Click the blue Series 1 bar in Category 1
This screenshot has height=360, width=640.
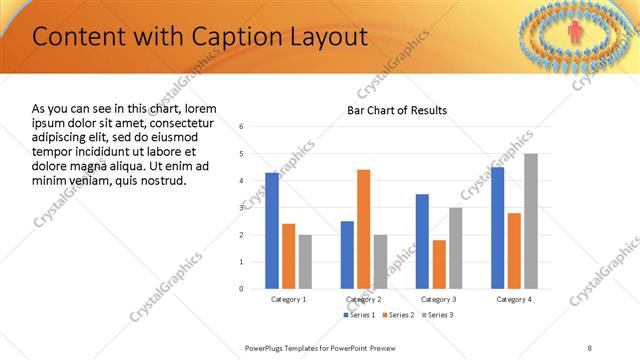click(x=272, y=230)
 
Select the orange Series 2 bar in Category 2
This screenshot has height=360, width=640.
click(x=363, y=229)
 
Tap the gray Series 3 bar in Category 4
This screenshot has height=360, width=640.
click(x=531, y=221)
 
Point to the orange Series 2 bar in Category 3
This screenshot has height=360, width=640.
click(x=438, y=264)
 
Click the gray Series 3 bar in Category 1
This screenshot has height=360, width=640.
click(x=305, y=261)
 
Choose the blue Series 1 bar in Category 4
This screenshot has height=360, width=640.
click(x=498, y=227)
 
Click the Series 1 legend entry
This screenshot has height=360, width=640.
click(x=361, y=315)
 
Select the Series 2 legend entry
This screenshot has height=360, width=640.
click(x=398, y=315)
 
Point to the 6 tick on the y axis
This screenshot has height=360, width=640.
click(x=241, y=127)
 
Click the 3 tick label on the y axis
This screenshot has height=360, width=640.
click(x=241, y=208)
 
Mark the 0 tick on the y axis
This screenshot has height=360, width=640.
click(x=241, y=289)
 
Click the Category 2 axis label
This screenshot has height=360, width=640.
click(x=364, y=299)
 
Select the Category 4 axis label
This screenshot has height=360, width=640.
click(x=515, y=299)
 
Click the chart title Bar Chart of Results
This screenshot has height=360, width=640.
click(x=397, y=110)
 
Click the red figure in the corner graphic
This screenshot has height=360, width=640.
click(x=575, y=34)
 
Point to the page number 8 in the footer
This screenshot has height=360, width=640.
click(x=590, y=347)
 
